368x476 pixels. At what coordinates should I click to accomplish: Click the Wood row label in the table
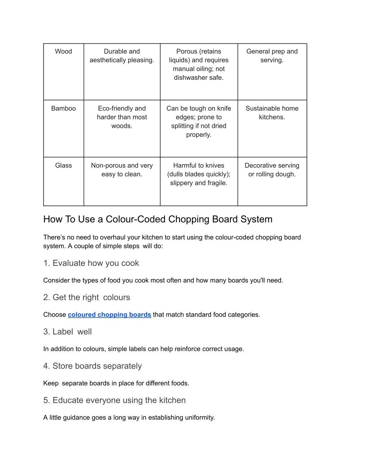(x=63, y=51)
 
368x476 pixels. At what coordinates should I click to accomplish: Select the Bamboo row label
(x=63, y=108)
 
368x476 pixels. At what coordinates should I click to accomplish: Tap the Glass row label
(x=63, y=166)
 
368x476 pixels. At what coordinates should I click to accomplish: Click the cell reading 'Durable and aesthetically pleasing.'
(x=122, y=56)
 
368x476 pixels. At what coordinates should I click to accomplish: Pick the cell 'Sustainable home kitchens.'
(x=272, y=113)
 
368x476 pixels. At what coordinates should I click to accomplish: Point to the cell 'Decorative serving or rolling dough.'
(x=272, y=170)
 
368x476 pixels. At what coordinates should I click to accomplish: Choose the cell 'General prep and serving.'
(x=272, y=56)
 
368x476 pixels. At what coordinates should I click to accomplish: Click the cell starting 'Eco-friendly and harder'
(x=122, y=117)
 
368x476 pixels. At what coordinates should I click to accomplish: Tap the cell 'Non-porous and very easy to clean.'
(x=122, y=170)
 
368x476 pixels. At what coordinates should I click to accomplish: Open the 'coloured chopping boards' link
(x=109, y=315)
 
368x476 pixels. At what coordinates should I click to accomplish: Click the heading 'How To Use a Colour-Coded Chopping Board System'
(x=158, y=219)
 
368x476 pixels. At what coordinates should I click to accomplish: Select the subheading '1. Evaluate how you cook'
(x=91, y=263)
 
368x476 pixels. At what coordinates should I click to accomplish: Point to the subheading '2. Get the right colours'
(x=87, y=297)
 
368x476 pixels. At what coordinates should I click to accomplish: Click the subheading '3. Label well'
(x=68, y=332)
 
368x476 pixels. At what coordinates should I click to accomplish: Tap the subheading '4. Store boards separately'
(x=92, y=366)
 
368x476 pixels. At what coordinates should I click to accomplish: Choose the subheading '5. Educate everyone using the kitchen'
(x=114, y=401)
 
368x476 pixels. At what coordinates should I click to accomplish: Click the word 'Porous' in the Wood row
(x=187, y=51)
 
